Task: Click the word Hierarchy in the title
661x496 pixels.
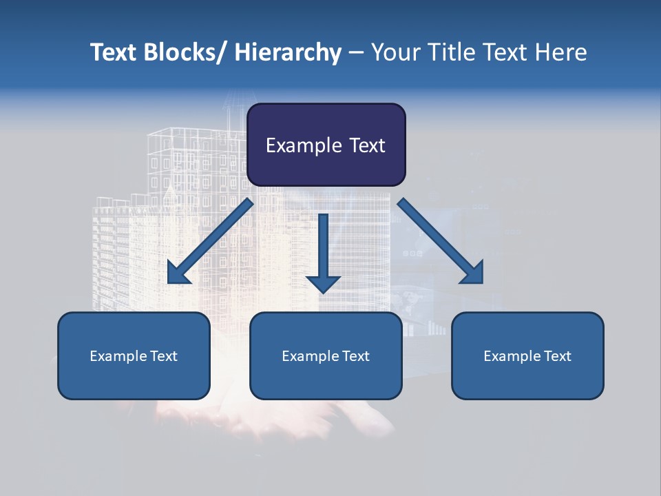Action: pos(288,52)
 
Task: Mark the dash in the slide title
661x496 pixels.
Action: pos(356,53)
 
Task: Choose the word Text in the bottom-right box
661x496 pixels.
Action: pos(556,356)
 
